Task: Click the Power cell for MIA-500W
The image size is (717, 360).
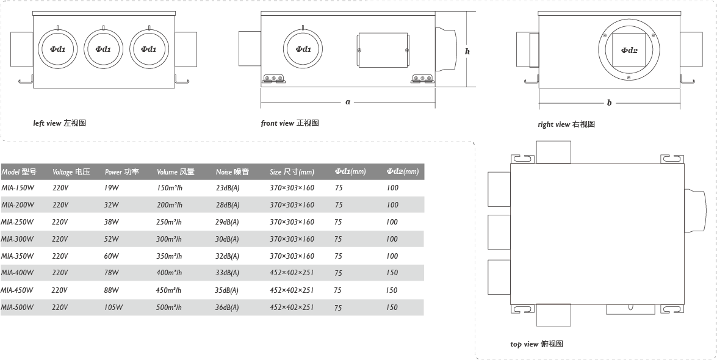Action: tap(113, 308)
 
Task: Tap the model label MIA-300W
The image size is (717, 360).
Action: tap(17, 239)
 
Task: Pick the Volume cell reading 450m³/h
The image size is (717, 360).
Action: tap(168, 290)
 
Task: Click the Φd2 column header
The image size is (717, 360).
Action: tap(402, 171)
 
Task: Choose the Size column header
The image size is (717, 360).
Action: tap(292, 171)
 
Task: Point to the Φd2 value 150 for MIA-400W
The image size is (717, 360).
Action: tap(392, 273)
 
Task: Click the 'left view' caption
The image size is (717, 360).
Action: tap(59, 123)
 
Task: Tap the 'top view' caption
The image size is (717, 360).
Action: tap(537, 344)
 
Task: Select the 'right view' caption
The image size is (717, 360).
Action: tap(566, 124)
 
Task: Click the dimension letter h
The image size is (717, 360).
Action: tap(467, 52)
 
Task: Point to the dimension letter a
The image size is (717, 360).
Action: tap(348, 101)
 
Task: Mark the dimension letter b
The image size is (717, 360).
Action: tap(609, 103)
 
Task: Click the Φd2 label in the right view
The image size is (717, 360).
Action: tap(629, 50)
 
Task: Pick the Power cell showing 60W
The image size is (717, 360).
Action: tap(111, 256)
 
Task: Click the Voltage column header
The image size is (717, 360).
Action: tap(71, 171)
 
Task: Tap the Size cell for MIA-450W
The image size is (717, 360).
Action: tap(292, 290)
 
